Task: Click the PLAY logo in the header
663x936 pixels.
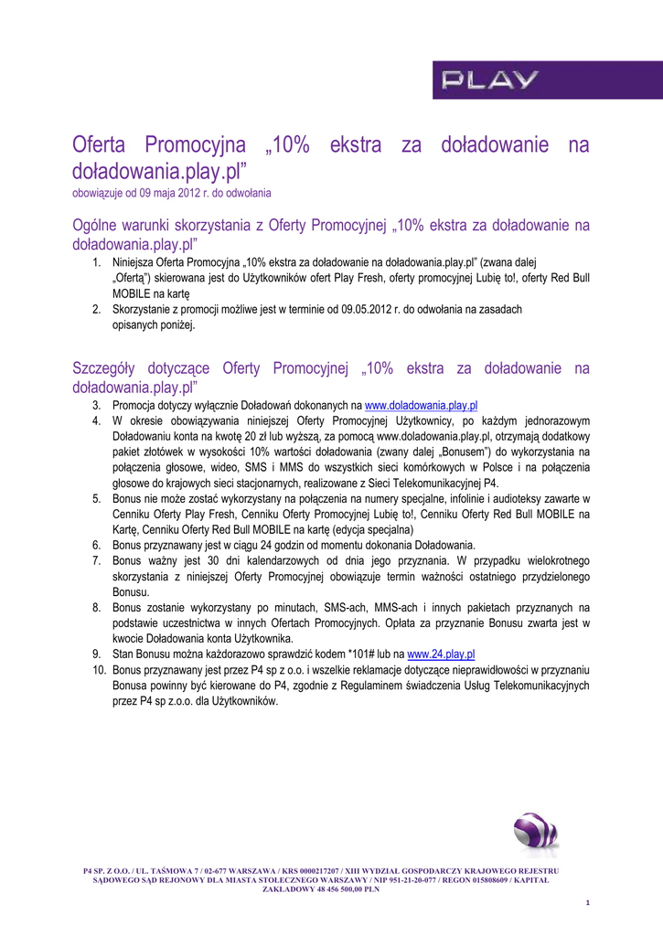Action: [490, 80]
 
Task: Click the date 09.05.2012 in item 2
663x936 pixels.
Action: [395, 309]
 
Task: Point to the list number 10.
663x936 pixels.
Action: [99, 670]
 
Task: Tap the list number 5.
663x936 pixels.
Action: [96, 498]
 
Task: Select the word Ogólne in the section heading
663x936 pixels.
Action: [95, 225]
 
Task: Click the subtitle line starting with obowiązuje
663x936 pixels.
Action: [171, 194]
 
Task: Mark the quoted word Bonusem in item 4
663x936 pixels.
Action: [465, 452]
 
